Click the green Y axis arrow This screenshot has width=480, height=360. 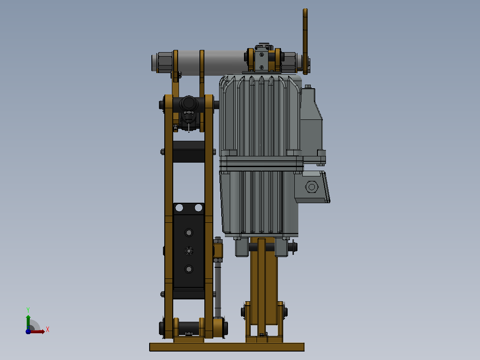point(28,322)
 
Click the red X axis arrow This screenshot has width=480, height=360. point(37,331)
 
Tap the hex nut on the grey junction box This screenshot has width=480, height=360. point(312,187)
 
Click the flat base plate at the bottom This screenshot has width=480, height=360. point(227,347)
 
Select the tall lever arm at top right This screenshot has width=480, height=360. point(305,41)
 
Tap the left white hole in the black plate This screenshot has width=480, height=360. point(179,208)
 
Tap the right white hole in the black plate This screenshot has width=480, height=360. point(199,208)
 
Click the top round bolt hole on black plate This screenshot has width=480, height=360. point(189,233)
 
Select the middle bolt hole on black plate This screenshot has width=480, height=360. point(189,251)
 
